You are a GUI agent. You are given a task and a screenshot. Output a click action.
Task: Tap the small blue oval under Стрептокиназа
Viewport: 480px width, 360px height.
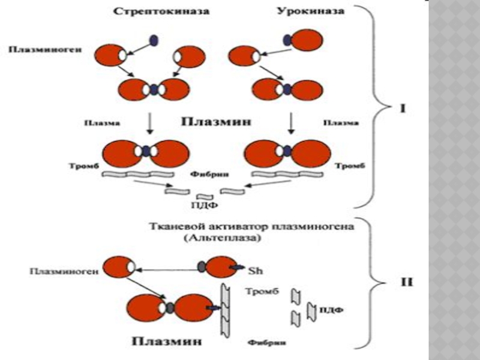tap(155, 40)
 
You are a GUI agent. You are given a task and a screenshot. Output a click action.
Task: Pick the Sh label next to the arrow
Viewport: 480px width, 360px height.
tap(254, 269)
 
